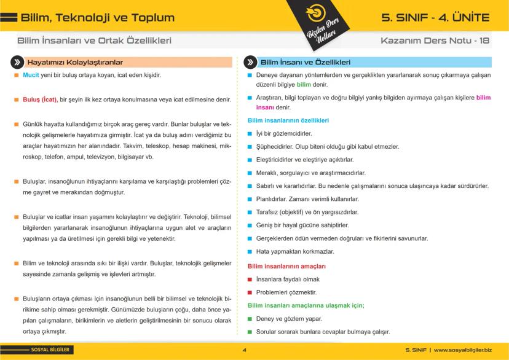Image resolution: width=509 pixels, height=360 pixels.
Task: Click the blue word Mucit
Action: pyautogui.click(x=31, y=75)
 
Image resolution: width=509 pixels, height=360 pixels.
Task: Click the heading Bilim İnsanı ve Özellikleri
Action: pyautogui.click(x=306, y=63)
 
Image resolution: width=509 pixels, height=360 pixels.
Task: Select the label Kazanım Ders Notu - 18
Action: pyautogui.click(x=435, y=41)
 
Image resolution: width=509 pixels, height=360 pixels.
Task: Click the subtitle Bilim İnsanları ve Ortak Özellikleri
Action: pyautogui.click(x=94, y=41)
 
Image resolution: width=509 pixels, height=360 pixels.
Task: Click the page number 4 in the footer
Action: pyautogui.click(x=245, y=350)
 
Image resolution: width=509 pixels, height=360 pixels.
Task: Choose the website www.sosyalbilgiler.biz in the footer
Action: pyautogui.click(x=463, y=350)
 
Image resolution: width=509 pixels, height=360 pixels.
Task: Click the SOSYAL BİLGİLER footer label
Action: pyautogui.click(x=50, y=350)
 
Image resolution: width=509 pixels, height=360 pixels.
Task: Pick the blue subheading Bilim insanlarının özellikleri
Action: pyautogui.click(x=288, y=120)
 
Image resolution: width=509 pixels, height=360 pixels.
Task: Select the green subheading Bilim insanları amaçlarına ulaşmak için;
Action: pyautogui.click(x=306, y=305)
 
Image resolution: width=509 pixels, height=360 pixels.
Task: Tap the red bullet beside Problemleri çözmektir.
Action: pyautogui.click(x=250, y=292)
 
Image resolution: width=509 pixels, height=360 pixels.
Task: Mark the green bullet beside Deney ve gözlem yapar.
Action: pyautogui.click(x=250, y=319)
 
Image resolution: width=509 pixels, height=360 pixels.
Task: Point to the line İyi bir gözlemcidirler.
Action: pyautogui.click(x=284, y=133)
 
